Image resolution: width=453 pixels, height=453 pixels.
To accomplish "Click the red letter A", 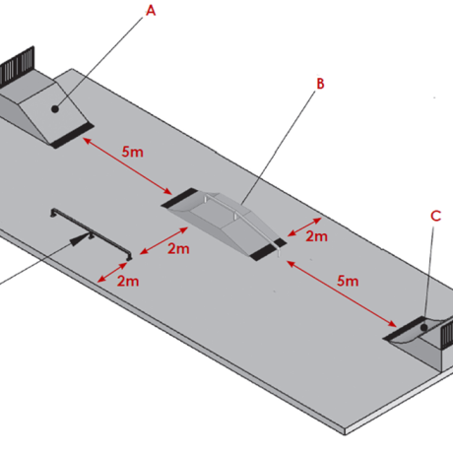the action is pos(151,11).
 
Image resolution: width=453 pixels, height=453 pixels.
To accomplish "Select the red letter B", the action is pos(320,84).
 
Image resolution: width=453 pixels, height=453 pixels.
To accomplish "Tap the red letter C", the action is pos(435,216).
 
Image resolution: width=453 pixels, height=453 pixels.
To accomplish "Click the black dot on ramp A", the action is pos(55,109).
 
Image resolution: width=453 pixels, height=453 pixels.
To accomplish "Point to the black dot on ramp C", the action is pos(424,327).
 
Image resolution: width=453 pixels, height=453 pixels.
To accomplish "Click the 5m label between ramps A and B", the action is pos(133,152).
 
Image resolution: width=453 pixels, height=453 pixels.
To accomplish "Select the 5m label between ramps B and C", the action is pos(348,281).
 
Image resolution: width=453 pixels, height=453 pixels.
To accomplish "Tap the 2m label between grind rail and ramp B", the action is pos(178,248).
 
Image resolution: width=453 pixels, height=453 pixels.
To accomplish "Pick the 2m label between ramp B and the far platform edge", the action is pos(317,236).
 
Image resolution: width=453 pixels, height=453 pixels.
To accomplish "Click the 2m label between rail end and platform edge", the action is pos(128,282).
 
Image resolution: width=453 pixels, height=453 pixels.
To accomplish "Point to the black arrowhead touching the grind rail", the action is pos(79,239).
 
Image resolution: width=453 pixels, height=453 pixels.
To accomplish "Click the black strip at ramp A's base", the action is pos(72,135).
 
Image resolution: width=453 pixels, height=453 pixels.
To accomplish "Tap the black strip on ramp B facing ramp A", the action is pos(179,198).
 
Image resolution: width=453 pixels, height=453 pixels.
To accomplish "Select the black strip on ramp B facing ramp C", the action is pos(268,249).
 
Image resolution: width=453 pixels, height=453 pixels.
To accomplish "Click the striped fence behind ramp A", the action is pos(17,66).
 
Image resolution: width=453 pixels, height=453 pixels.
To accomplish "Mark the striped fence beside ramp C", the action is pos(446,333).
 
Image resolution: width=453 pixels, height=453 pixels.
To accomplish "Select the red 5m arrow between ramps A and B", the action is pos(127,166).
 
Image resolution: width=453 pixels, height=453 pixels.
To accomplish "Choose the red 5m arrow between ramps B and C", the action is pos(342,293).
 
